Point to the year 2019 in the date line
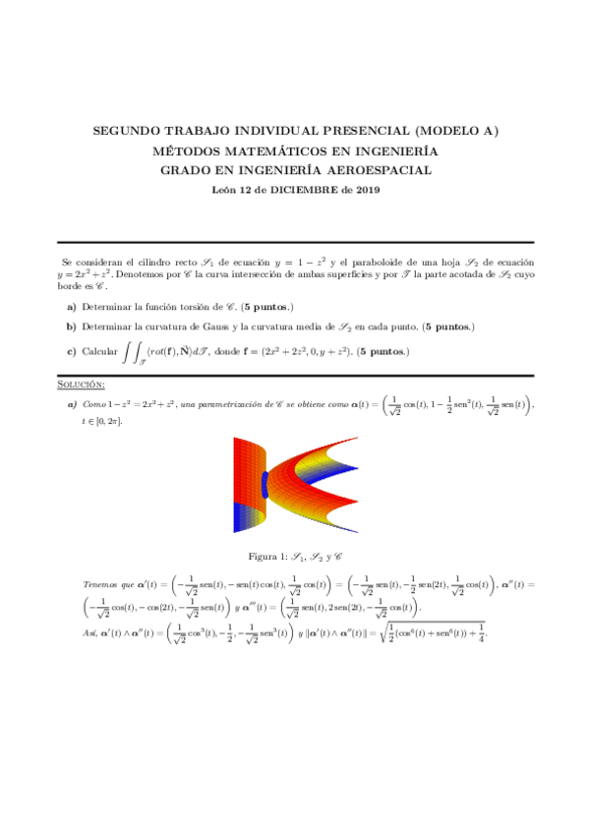tap(367, 190)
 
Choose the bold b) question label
tap(72, 326)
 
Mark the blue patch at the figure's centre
tap(264, 484)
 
